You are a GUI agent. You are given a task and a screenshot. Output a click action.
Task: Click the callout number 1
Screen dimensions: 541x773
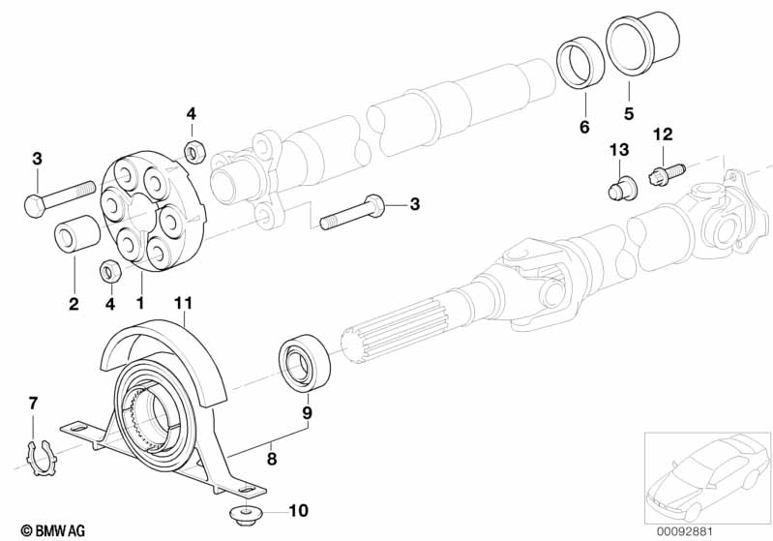141,304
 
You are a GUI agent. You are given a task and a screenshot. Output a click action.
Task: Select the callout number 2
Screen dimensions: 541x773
73,304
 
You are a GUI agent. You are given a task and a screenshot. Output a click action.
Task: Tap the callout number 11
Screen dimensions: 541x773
184,304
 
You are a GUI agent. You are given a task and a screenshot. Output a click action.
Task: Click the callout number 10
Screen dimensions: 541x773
298,510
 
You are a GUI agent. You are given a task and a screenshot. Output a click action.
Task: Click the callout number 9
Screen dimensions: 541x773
307,413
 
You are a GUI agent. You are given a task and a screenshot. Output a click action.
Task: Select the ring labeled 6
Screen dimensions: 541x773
581,67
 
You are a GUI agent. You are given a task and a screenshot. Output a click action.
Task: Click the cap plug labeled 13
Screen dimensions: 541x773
618,187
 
